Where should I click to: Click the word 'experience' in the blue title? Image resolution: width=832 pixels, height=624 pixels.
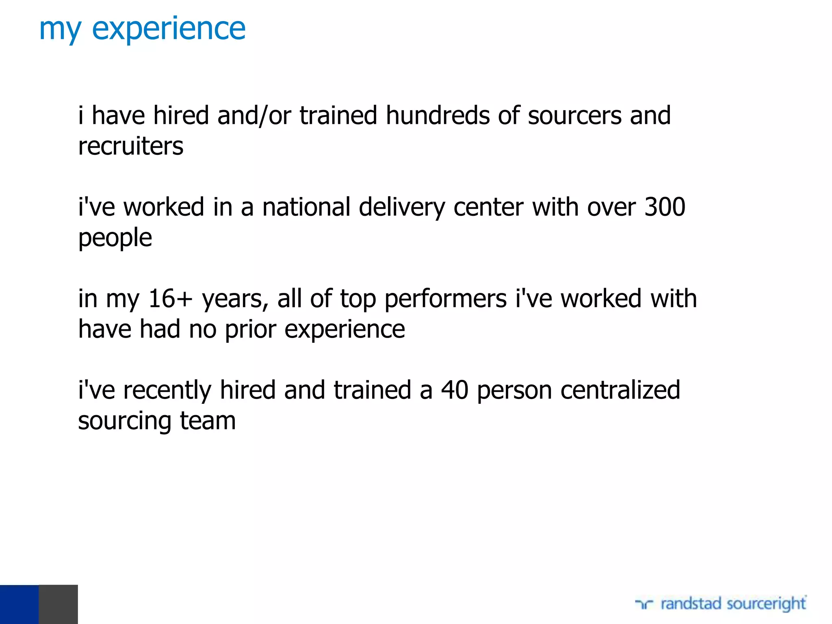[169, 29]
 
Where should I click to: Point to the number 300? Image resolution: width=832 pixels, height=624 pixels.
[665, 207]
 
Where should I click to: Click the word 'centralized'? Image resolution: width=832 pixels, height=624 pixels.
[620, 390]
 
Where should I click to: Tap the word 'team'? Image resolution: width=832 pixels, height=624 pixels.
[208, 421]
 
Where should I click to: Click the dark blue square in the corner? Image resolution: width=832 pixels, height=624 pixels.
[19, 604]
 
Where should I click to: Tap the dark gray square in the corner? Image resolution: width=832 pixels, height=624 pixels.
[58, 604]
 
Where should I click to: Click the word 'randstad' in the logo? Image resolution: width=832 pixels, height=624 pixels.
[691, 604]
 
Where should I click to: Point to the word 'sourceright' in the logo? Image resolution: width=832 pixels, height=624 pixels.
[766, 604]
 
